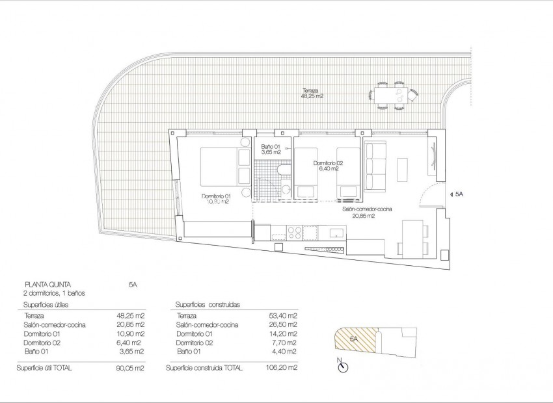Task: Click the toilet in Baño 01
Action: point(284,171)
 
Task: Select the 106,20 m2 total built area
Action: point(284,368)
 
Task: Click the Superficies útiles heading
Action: point(46,304)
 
